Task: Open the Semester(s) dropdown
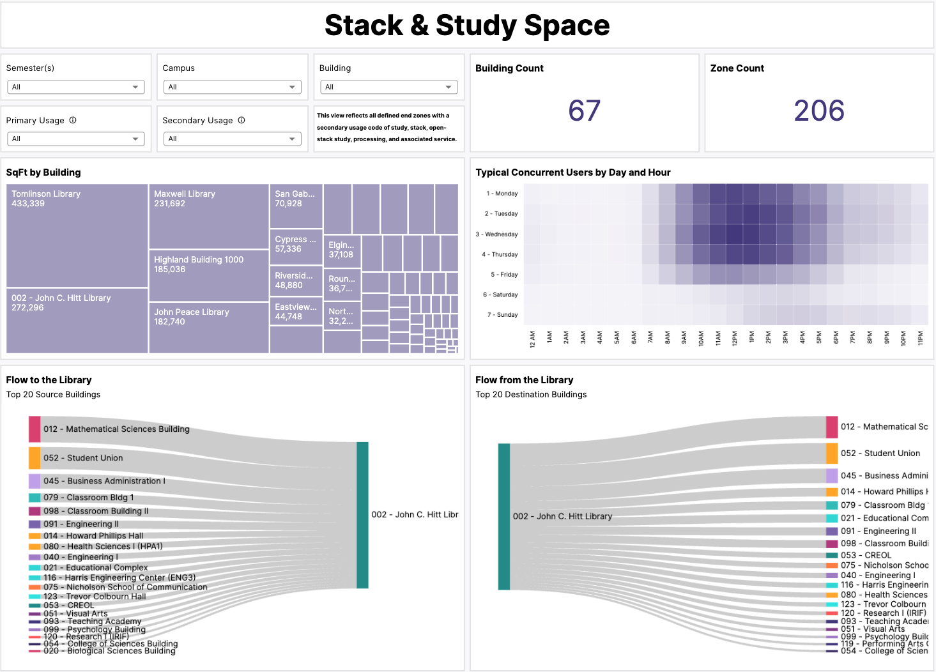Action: [x=75, y=87]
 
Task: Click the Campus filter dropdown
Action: [x=232, y=87]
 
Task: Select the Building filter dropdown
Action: [x=388, y=87]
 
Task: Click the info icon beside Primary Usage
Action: [x=73, y=120]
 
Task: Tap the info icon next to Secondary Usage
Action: [x=242, y=120]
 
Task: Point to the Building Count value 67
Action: [x=584, y=111]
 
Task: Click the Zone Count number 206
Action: [x=818, y=111]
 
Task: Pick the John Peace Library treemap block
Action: [x=208, y=327]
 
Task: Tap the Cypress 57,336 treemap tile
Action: [x=296, y=247]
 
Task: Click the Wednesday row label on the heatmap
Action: [x=501, y=234]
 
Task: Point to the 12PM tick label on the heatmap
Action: [x=734, y=339]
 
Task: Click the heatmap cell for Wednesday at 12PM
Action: [x=734, y=234]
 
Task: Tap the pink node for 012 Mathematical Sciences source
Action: [x=35, y=429]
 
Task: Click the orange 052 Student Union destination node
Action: [x=831, y=454]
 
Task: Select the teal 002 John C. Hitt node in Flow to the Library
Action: [x=362, y=515]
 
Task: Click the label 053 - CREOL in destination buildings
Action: [x=866, y=555]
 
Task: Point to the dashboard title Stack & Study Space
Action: [x=467, y=26]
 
